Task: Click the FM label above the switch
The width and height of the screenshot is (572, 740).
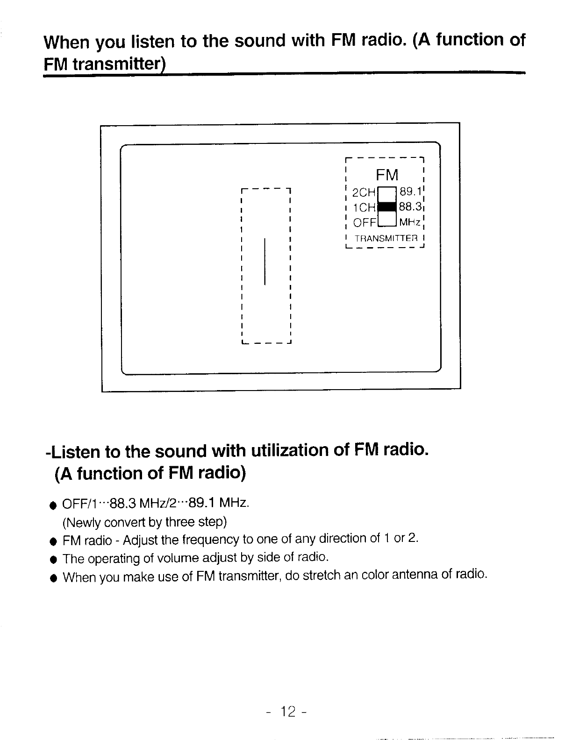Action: (387, 175)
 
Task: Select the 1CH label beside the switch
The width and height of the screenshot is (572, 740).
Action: (364, 207)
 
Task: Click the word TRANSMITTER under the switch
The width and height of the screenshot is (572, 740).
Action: (386, 238)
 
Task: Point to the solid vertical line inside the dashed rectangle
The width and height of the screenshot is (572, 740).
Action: (265, 261)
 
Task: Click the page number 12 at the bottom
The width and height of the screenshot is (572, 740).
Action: (288, 712)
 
